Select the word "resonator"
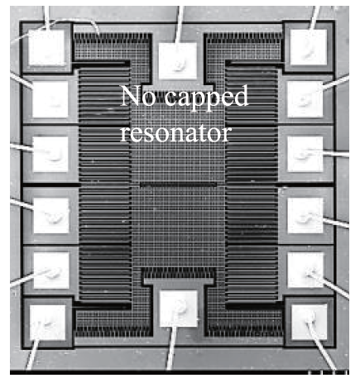(x=175, y=133)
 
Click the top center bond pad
(x=178, y=60)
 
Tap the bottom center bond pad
(x=179, y=309)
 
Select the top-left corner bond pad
(x=46, y=47)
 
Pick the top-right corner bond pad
(x=309, y=47)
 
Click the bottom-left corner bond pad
(x=47, y=323)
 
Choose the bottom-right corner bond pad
(x=310, y=322)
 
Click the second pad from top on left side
(x=50, y=99)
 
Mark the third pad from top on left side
(x=50, y=154)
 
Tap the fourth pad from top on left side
(x=51, y=215)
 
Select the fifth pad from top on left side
(x=51, y=270)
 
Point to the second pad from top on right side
(x=305, y=99)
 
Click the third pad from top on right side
(x=305, y=154)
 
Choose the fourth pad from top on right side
(x=305, y=215)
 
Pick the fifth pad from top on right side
(x=305, y=270)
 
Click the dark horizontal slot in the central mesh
(x=178, y=184)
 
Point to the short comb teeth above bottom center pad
(x=178, y=273)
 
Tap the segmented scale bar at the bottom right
(x=328, y=373)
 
